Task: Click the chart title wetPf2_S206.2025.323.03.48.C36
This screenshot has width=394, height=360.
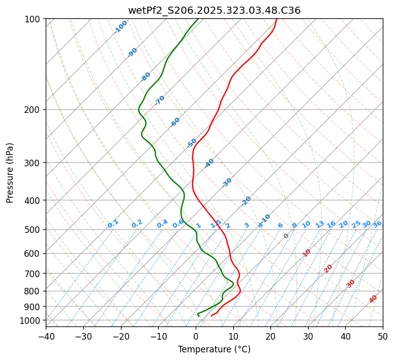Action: (214, 10)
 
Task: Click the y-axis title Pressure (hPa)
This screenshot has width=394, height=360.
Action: (10, 173)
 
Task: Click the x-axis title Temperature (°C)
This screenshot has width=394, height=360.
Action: (214, 350)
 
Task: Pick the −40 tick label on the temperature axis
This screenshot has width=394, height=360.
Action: (46, 337)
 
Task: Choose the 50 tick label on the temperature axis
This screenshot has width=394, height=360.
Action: (383, 337)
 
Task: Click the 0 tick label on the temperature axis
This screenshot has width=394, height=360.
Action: (196, 337)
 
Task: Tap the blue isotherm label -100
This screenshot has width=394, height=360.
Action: (120, 27)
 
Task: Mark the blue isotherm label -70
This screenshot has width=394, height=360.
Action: (160, 100)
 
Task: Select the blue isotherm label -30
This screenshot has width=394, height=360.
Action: (227, 183)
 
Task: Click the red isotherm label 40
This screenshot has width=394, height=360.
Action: (373, 299)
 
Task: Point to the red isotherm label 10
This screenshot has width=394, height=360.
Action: (307, 253)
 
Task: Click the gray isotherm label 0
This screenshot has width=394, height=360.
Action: (286, 236)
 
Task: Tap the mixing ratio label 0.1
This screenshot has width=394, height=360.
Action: (113, 224)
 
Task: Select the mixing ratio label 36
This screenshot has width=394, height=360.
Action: (377, 224)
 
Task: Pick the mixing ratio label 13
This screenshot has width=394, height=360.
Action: (320, 224)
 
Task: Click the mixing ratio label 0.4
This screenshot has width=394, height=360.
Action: (162, 224)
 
